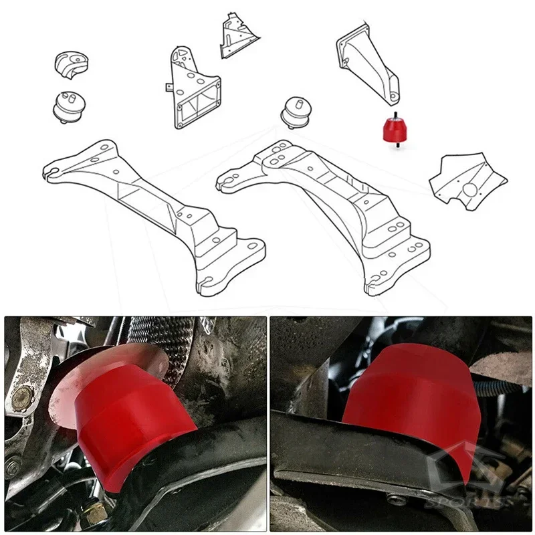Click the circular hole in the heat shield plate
[471, 190]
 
